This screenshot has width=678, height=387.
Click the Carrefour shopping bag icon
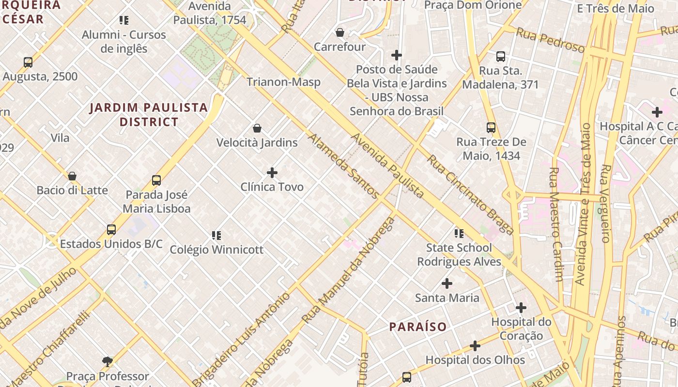point(340,32)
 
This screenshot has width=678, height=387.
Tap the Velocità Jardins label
point(257,142)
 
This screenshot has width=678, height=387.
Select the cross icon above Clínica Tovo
point(272,172)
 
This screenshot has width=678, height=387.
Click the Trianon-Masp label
point(283,82)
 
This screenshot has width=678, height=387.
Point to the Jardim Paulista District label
point(149,114)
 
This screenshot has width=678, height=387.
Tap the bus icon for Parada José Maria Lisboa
point(156,180)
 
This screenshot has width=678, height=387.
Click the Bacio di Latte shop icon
point(72,176)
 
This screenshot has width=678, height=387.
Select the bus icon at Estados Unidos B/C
point(111,229)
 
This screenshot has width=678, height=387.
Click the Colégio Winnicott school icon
point(216,236)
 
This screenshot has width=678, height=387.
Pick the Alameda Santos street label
point(343,166)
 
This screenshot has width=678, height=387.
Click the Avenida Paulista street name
point(387,166)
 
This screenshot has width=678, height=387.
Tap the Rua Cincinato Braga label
point(469,194)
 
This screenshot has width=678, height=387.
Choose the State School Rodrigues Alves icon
point(459,234)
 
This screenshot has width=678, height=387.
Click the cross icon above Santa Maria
point(447,283)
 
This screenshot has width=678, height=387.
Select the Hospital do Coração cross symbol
point(521,308)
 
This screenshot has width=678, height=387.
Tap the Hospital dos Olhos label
point(475,360)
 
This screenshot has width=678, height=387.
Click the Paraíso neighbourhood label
point(418,327)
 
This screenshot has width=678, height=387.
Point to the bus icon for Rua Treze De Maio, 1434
point(491,128)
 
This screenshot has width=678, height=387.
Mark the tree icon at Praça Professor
point(108,361)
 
